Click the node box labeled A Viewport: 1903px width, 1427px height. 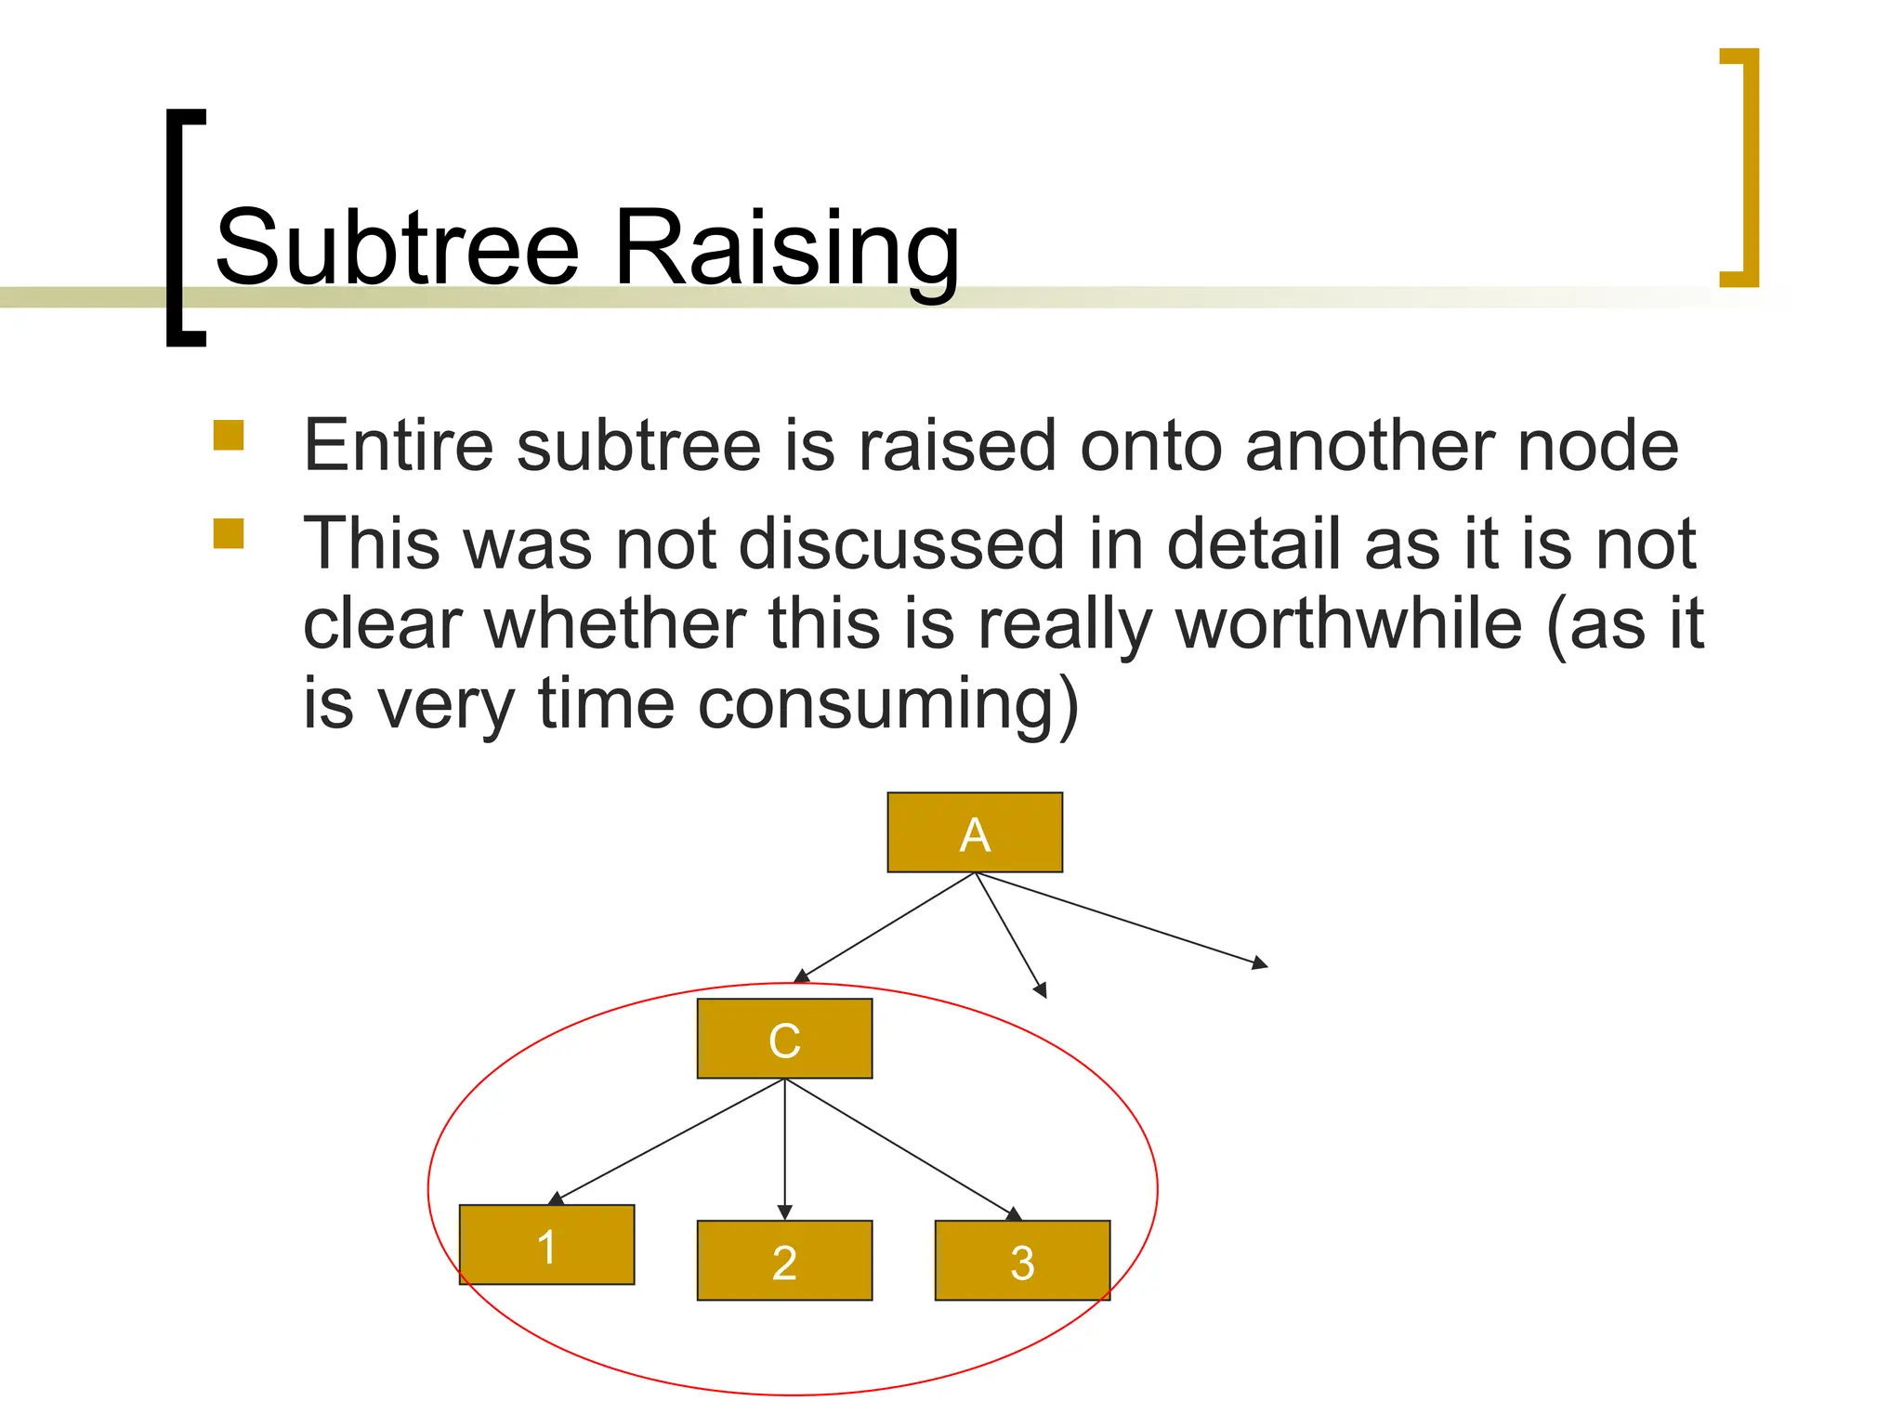[974, 832]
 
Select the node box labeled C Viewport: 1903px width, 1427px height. [784, 1039]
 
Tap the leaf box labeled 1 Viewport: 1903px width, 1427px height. [546, 1245]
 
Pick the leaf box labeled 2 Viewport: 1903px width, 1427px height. [784, 1261]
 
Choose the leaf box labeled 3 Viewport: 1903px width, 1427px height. [1022, 1261]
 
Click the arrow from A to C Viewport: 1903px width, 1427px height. [887, 927]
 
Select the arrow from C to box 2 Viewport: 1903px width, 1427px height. [785, 1147]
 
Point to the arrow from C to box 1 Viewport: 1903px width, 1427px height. [669, 1142]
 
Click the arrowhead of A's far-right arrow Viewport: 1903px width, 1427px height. [1260, 963]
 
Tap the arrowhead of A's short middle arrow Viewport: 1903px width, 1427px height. [1042, 990]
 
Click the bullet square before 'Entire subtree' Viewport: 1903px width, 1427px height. [229, 436]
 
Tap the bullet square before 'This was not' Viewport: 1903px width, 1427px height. [229, 533]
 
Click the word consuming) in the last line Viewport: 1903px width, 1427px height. [888, 704]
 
